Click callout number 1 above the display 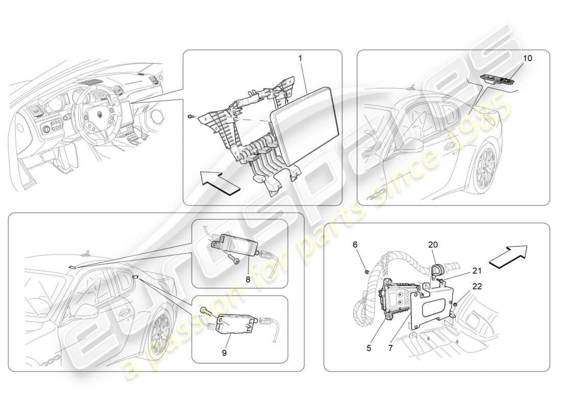(300, 59)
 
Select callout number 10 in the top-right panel (527, 59)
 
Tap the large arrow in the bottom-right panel (508, 256)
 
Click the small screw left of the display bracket (190, 117)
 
